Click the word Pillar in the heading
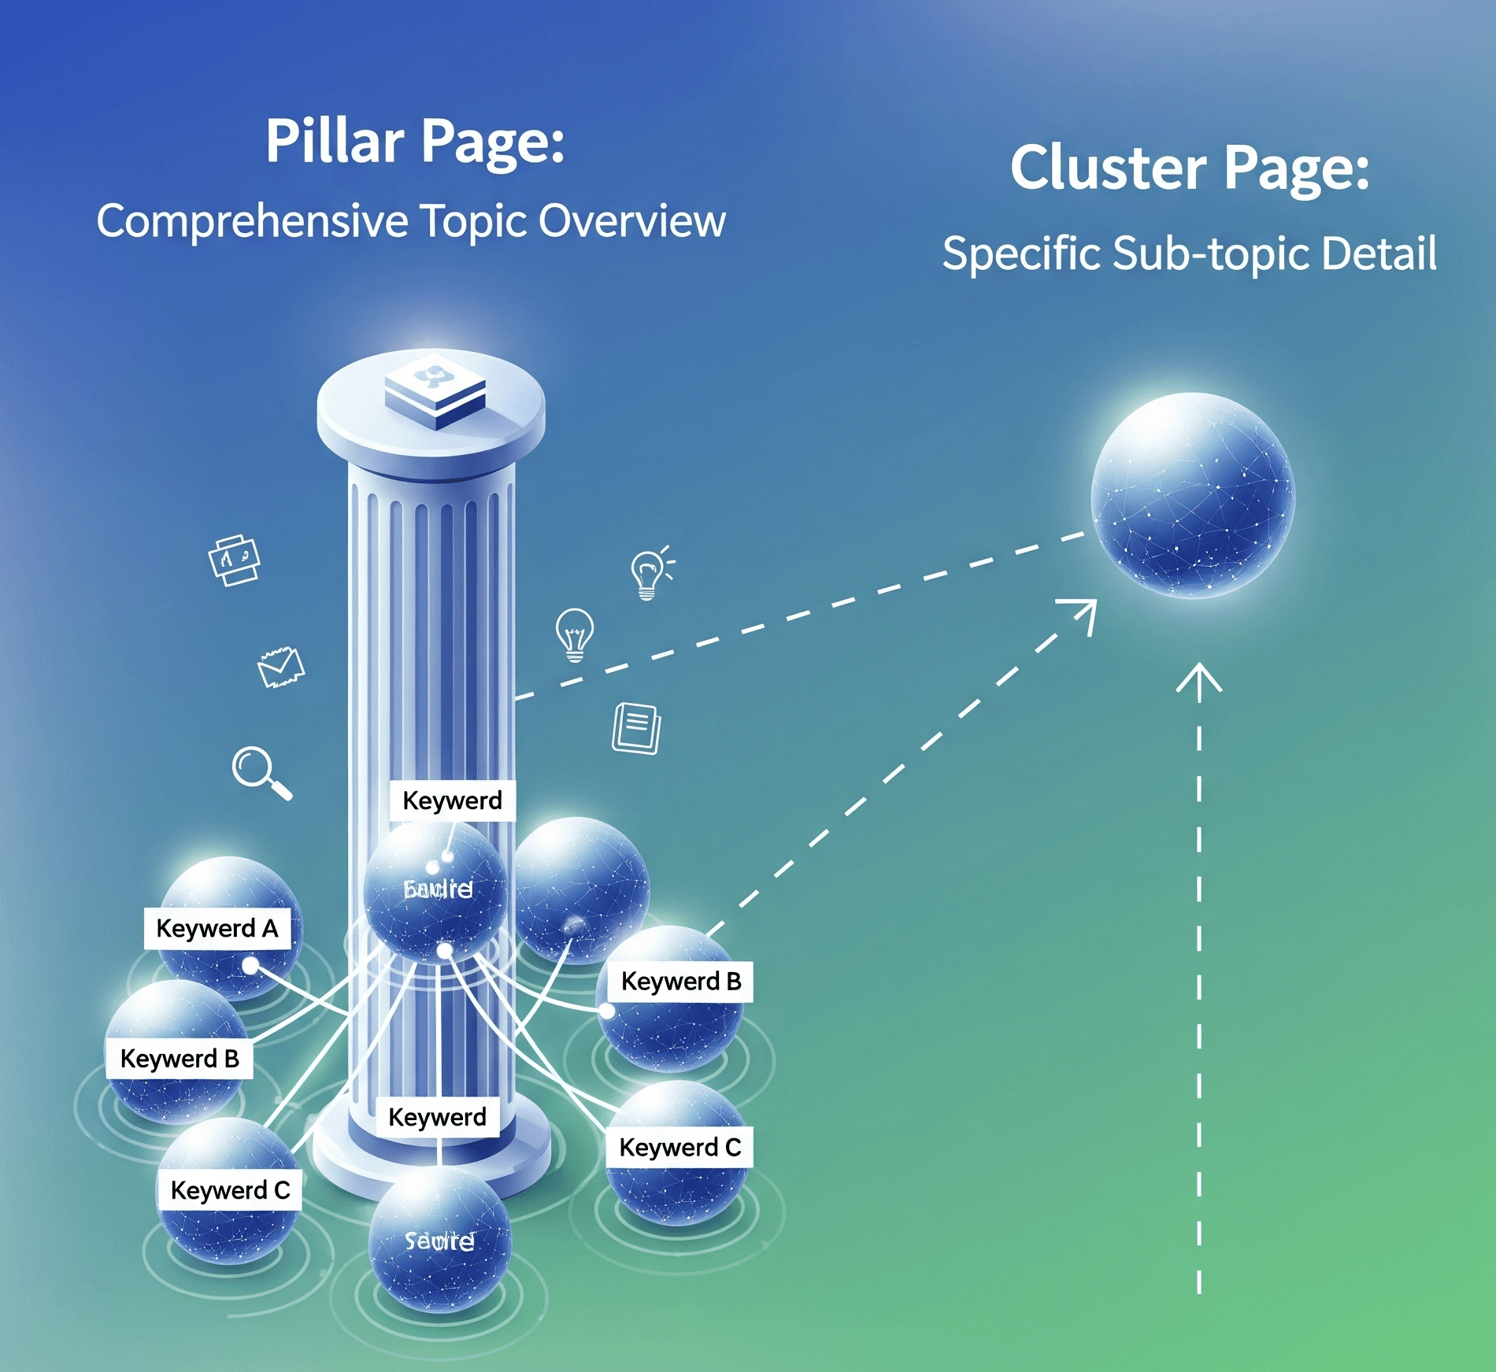(335, 142)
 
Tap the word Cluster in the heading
(1109, 168)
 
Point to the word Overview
(631, 221)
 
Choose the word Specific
(1021, 254)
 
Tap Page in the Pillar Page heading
(493, 143)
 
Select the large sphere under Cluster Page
(1193, 495)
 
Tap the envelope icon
(281, 667)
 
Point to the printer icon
(234, 560)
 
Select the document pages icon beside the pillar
(636, 728)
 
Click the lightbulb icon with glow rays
(650, 574)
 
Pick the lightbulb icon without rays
(575, 634)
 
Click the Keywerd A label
(217, 929)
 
